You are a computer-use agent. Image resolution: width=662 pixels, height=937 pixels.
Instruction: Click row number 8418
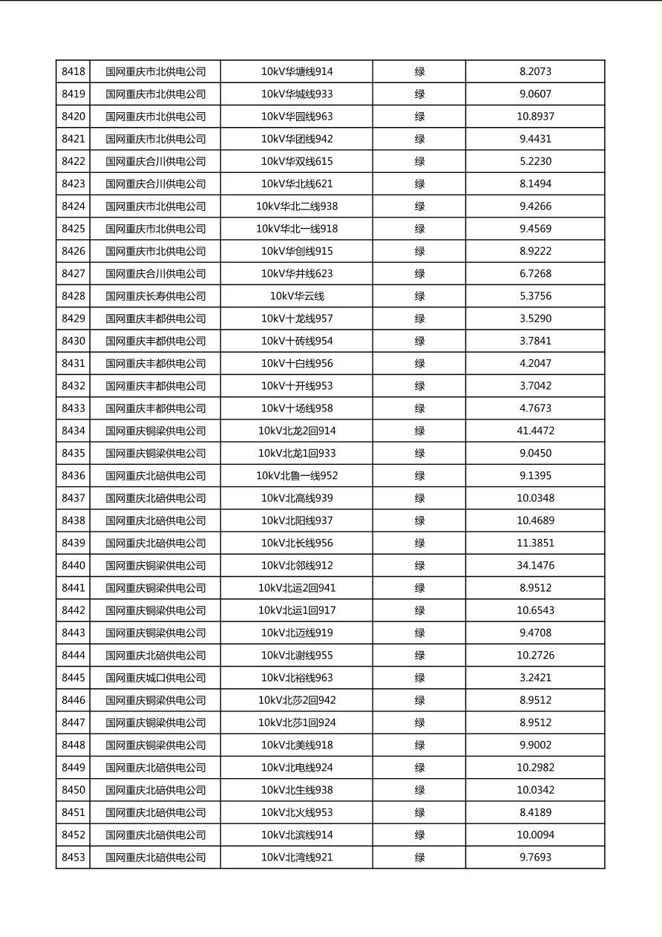coord(73,72)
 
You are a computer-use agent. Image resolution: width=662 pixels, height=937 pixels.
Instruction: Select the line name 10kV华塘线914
coord(297,72)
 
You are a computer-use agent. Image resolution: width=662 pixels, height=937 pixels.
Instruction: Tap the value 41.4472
coord(535,431)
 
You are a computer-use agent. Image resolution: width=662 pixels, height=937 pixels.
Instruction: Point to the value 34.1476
coord(535,566)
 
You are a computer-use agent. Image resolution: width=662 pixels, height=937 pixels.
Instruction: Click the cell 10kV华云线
coord(297,296)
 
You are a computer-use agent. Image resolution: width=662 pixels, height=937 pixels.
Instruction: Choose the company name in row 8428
coord(155,296)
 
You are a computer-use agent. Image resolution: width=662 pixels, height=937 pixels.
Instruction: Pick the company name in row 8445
coord(155,678)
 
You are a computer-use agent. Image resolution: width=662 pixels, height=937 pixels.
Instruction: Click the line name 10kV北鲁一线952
coord(297,476)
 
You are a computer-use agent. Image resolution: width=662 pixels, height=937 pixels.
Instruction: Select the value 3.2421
coord(535,678)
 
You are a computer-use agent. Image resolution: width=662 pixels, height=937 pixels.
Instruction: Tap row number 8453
coord(73,858)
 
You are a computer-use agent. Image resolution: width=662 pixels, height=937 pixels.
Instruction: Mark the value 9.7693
coord(535,858)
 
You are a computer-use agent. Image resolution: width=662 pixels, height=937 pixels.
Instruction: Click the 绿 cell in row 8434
coord(419,431)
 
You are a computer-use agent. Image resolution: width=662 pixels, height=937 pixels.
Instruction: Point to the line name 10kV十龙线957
coord(297,319)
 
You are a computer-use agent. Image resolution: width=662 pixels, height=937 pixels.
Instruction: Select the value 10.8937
coord(535,117)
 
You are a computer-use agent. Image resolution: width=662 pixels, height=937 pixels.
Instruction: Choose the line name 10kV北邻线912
coord(297,566)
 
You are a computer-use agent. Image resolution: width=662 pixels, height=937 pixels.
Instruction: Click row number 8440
coord(73,566)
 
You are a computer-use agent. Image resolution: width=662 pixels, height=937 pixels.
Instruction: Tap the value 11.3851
coord(535,543)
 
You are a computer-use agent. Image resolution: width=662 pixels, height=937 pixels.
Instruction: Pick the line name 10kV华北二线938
coord(297,206)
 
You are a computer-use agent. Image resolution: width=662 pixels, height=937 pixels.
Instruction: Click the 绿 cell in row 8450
coord(419,790)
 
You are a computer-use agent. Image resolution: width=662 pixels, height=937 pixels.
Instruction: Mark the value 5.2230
coord(535,161)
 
